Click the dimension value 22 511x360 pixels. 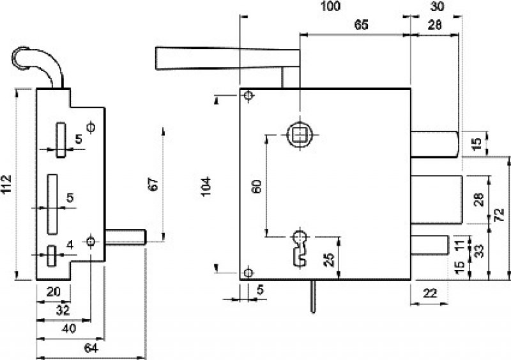coord(429,293)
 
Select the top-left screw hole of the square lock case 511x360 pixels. coord(248,96)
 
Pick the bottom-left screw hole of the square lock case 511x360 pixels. coord(248,272)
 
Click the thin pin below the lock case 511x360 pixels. coord(313,297)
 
